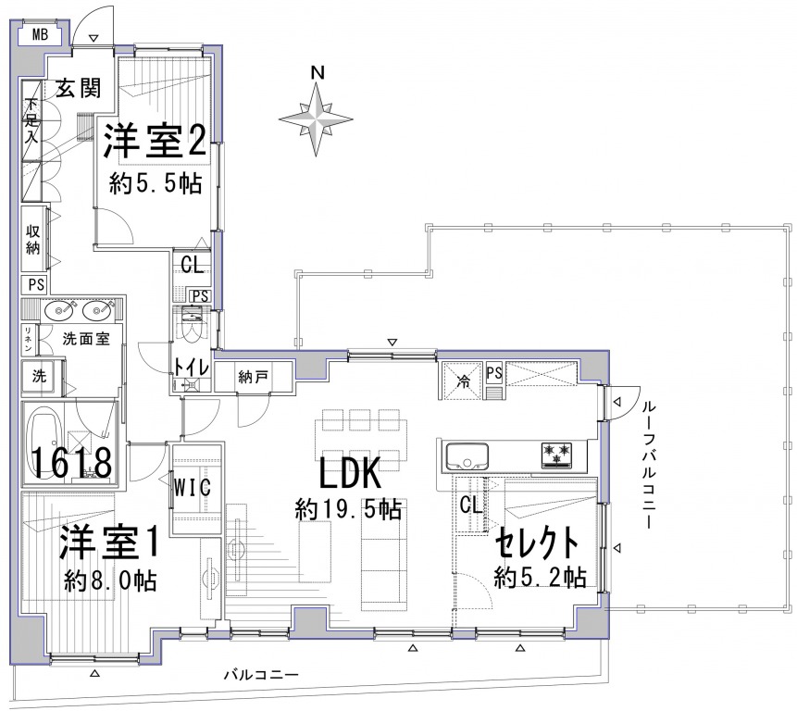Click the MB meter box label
click(40, 34)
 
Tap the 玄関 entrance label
click(79, 89)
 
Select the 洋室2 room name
click(156, 141)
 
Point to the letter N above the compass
click(318, 73)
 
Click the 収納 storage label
click(33, 240)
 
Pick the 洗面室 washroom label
click(86, 339)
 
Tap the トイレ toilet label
click(191, 367)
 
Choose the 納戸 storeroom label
click(253, 377)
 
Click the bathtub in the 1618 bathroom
click(47, 443)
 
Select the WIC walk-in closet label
click(193, 488)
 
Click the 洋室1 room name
click(109, 542)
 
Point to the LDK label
click(350, 474)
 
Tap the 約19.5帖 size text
click(349, 509)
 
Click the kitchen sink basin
click(467, 455)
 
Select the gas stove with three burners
click(556, 455)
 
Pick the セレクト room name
click(537, 543)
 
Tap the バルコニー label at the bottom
click(261, 675)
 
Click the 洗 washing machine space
click(39, 376)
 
